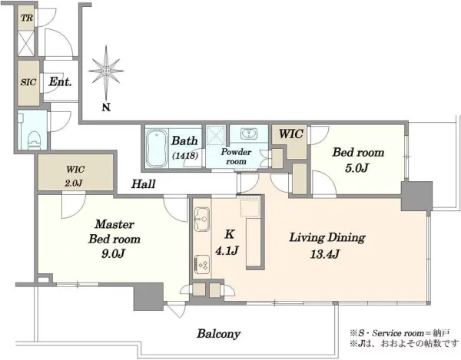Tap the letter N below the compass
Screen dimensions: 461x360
click(106, 107)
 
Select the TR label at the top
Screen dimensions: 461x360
click(27, 18)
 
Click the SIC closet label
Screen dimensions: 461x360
click(28, 82)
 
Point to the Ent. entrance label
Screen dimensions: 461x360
click(60, 81)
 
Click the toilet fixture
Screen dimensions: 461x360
click(34, 140)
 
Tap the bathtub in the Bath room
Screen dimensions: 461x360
click(157, 148)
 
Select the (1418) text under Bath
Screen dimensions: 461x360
click(185, 155)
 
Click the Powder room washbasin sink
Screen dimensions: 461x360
click(249, 134)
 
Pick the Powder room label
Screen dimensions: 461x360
click(236, 157)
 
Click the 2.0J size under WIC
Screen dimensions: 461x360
click(74, 183)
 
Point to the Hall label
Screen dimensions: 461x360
click(143, 184)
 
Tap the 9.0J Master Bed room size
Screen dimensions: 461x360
click(114, 253)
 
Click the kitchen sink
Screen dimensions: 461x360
click(202, 220)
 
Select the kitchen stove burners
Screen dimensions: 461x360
click(202, 264)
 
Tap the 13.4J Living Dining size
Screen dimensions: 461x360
click(325, 254)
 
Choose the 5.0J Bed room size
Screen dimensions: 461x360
click(357, 168)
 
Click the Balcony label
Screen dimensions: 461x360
click(219, 334)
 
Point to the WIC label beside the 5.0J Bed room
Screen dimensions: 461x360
click(290, 134)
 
